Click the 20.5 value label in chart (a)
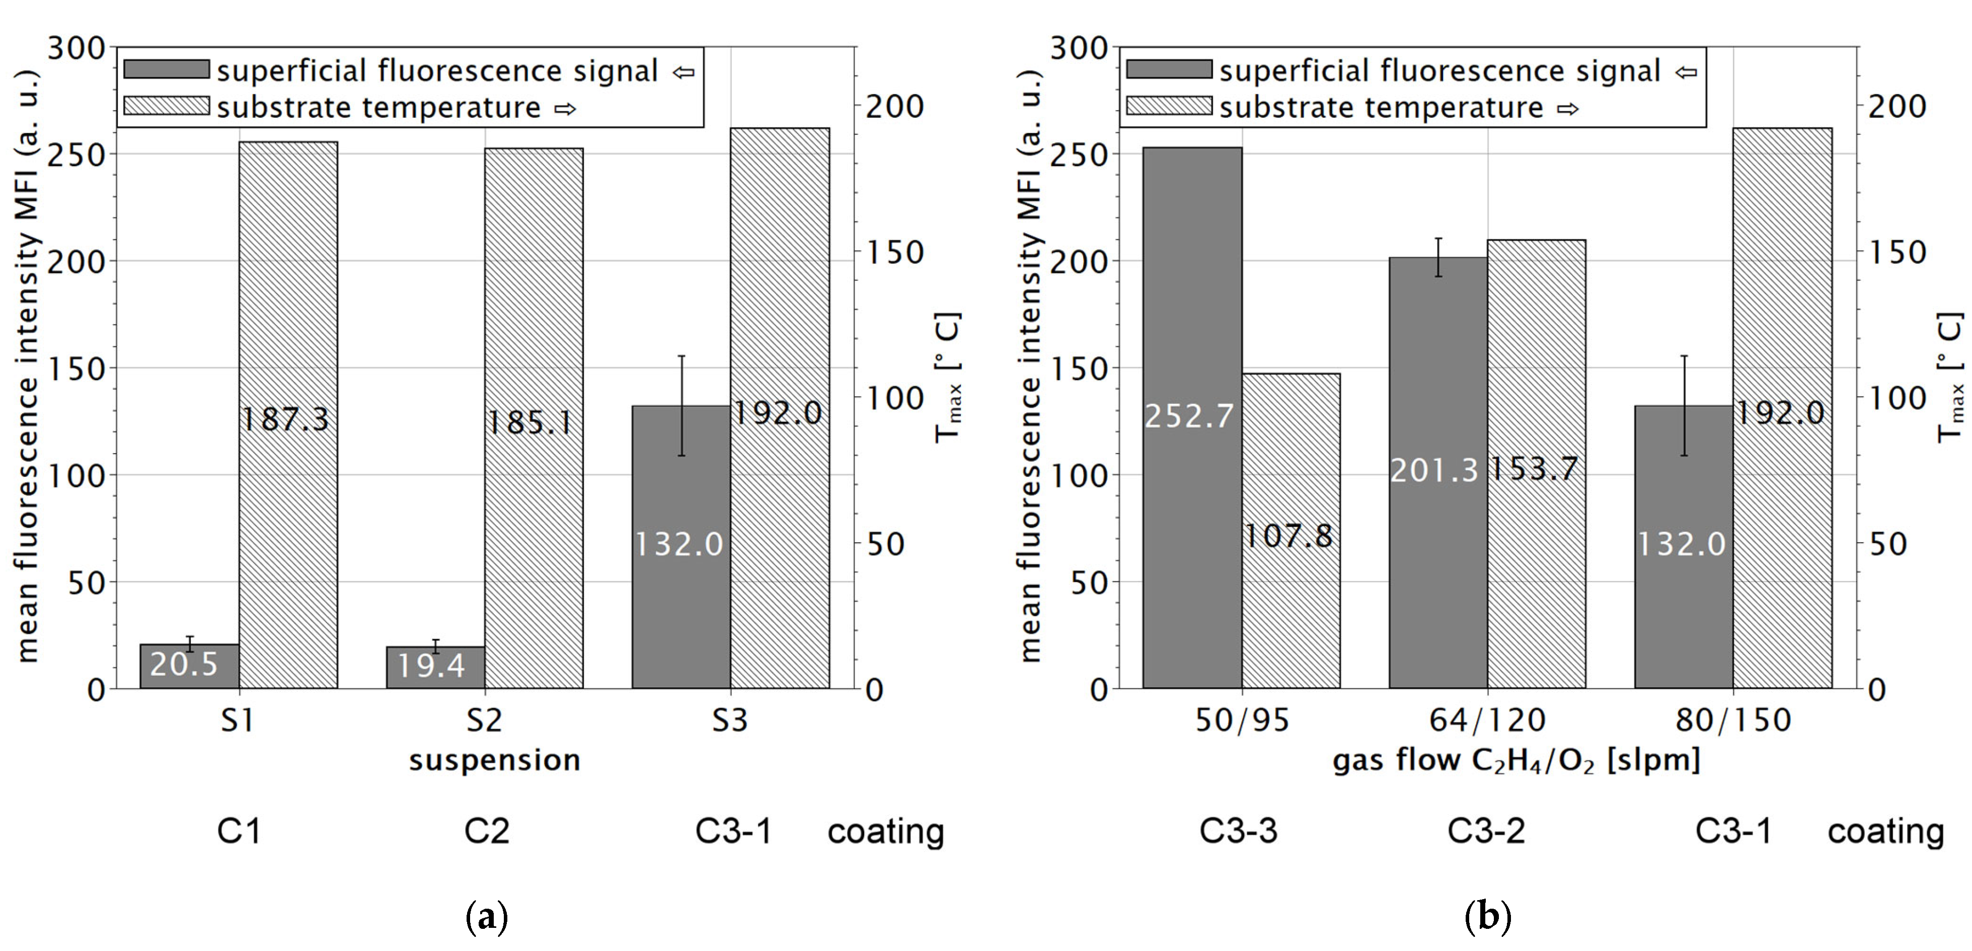pos(184,664)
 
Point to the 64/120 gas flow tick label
pos(1487,720)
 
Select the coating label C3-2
pos(1486,831)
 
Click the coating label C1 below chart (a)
pos(239,831)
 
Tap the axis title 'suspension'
pos(495,760)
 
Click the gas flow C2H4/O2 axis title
pos(1516,760)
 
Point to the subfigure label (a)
pos(487,917)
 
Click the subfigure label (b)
pos(1487,917)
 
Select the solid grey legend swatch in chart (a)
pos(166,69)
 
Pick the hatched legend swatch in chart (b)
pos(1169,106)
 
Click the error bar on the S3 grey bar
pos(681,405)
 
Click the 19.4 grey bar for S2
pos(435,668)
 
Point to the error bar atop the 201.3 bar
pos(1438,257)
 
